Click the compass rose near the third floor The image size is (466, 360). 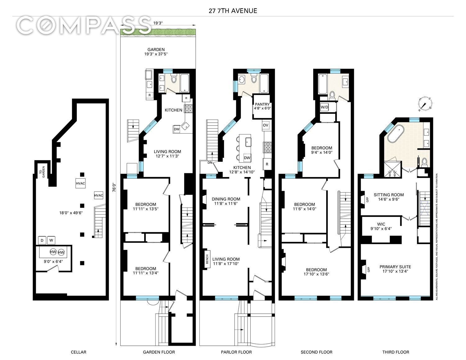coord(425,104)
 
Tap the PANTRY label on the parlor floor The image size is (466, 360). coord(262,104)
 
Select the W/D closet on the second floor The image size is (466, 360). coord(324,107)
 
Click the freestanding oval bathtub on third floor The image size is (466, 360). coord(396,134)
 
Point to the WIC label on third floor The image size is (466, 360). coord(381,224)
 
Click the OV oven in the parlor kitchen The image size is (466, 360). coord(266,125)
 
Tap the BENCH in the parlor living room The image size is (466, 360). coord(207,259)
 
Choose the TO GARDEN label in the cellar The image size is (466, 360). coord(42,172)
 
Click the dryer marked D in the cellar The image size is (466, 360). coord(42,240)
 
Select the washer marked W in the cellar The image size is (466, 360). coord(51,240)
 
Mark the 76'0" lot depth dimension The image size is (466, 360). coord(115,188)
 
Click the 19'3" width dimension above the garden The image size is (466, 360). coord(158,23)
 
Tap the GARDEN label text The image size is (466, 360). coord(156,49)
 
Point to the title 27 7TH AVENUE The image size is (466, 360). coord(233,11)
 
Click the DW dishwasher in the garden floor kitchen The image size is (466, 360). coord(177,129)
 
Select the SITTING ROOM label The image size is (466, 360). coord(389,195)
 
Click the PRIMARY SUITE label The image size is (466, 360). coord(395,267)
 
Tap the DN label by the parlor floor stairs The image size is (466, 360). coord(210,162)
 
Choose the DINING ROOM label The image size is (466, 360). coord(226,199)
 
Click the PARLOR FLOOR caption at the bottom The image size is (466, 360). coord(236,352)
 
